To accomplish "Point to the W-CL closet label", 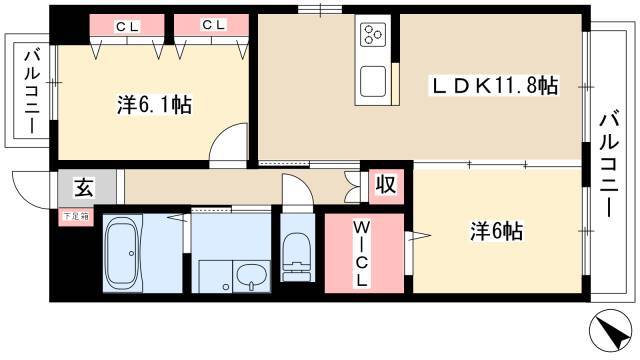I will click(362, 252).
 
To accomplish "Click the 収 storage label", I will click(385, 185).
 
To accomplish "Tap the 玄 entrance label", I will click(83, 187).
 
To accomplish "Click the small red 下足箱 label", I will click(76, 215).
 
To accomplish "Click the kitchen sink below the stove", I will click(374, 81).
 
